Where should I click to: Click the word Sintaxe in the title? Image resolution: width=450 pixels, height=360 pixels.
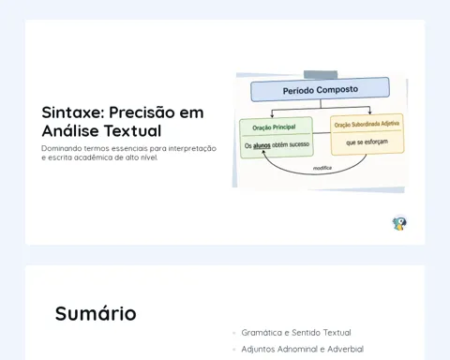point(73,112)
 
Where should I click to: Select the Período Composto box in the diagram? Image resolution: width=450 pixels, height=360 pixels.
point(321,90)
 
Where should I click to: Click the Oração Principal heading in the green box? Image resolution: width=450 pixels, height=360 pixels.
point(274,127)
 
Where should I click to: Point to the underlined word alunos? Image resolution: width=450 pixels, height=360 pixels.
point(262,145)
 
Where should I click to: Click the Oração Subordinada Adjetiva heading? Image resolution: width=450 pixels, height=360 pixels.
point(367,125)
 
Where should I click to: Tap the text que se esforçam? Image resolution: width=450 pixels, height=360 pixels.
point(367,142)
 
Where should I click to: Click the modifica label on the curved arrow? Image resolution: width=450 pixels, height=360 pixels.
point(322,168)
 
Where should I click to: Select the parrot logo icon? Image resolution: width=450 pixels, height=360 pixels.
point(399,223)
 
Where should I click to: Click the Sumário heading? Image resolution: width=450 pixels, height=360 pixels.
point(96,313)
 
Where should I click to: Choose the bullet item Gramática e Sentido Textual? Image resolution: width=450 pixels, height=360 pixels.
point(296,333)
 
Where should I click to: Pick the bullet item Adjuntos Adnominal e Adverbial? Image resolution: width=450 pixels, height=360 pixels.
point(303,349)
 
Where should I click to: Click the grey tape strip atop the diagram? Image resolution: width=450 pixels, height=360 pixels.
point(321,75)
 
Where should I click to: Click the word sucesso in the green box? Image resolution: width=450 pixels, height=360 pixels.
point(299,144)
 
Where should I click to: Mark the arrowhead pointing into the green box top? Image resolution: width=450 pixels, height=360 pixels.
point(272,115)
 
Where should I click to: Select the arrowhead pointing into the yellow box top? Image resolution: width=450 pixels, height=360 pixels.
point(370,112)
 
